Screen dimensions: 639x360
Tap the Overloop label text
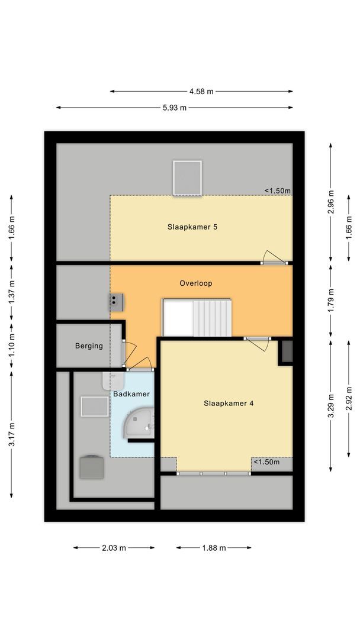pos(195,283)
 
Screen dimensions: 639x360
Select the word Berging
pos(89,346)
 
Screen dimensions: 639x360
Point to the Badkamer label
pos(131,393)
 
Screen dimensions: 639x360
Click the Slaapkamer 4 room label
pos(229,404)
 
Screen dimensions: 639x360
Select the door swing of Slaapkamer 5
pos(274,256)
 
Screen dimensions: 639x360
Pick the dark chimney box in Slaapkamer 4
pos(287,351)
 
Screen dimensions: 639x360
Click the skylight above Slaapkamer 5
pos(188,177)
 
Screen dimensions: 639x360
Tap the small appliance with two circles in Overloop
pos(115,302)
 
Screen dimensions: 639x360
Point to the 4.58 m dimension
pos(201,92)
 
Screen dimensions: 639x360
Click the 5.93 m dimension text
pos(175,108)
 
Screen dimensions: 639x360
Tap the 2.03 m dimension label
pos(114,548)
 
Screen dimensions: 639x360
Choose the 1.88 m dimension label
pos(214,548)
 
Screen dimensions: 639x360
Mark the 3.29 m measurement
pos(331,406)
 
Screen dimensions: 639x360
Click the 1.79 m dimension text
pos(331,299)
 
